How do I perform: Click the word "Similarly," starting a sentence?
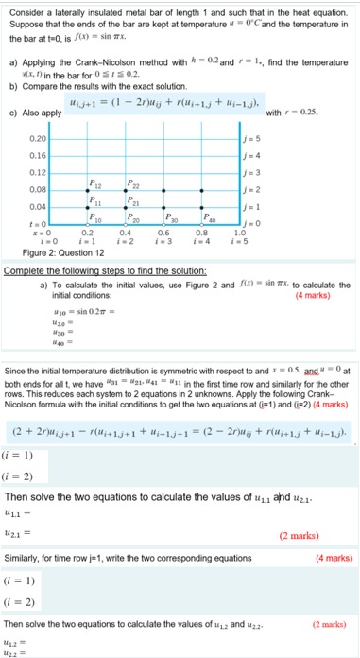[25, 560]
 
